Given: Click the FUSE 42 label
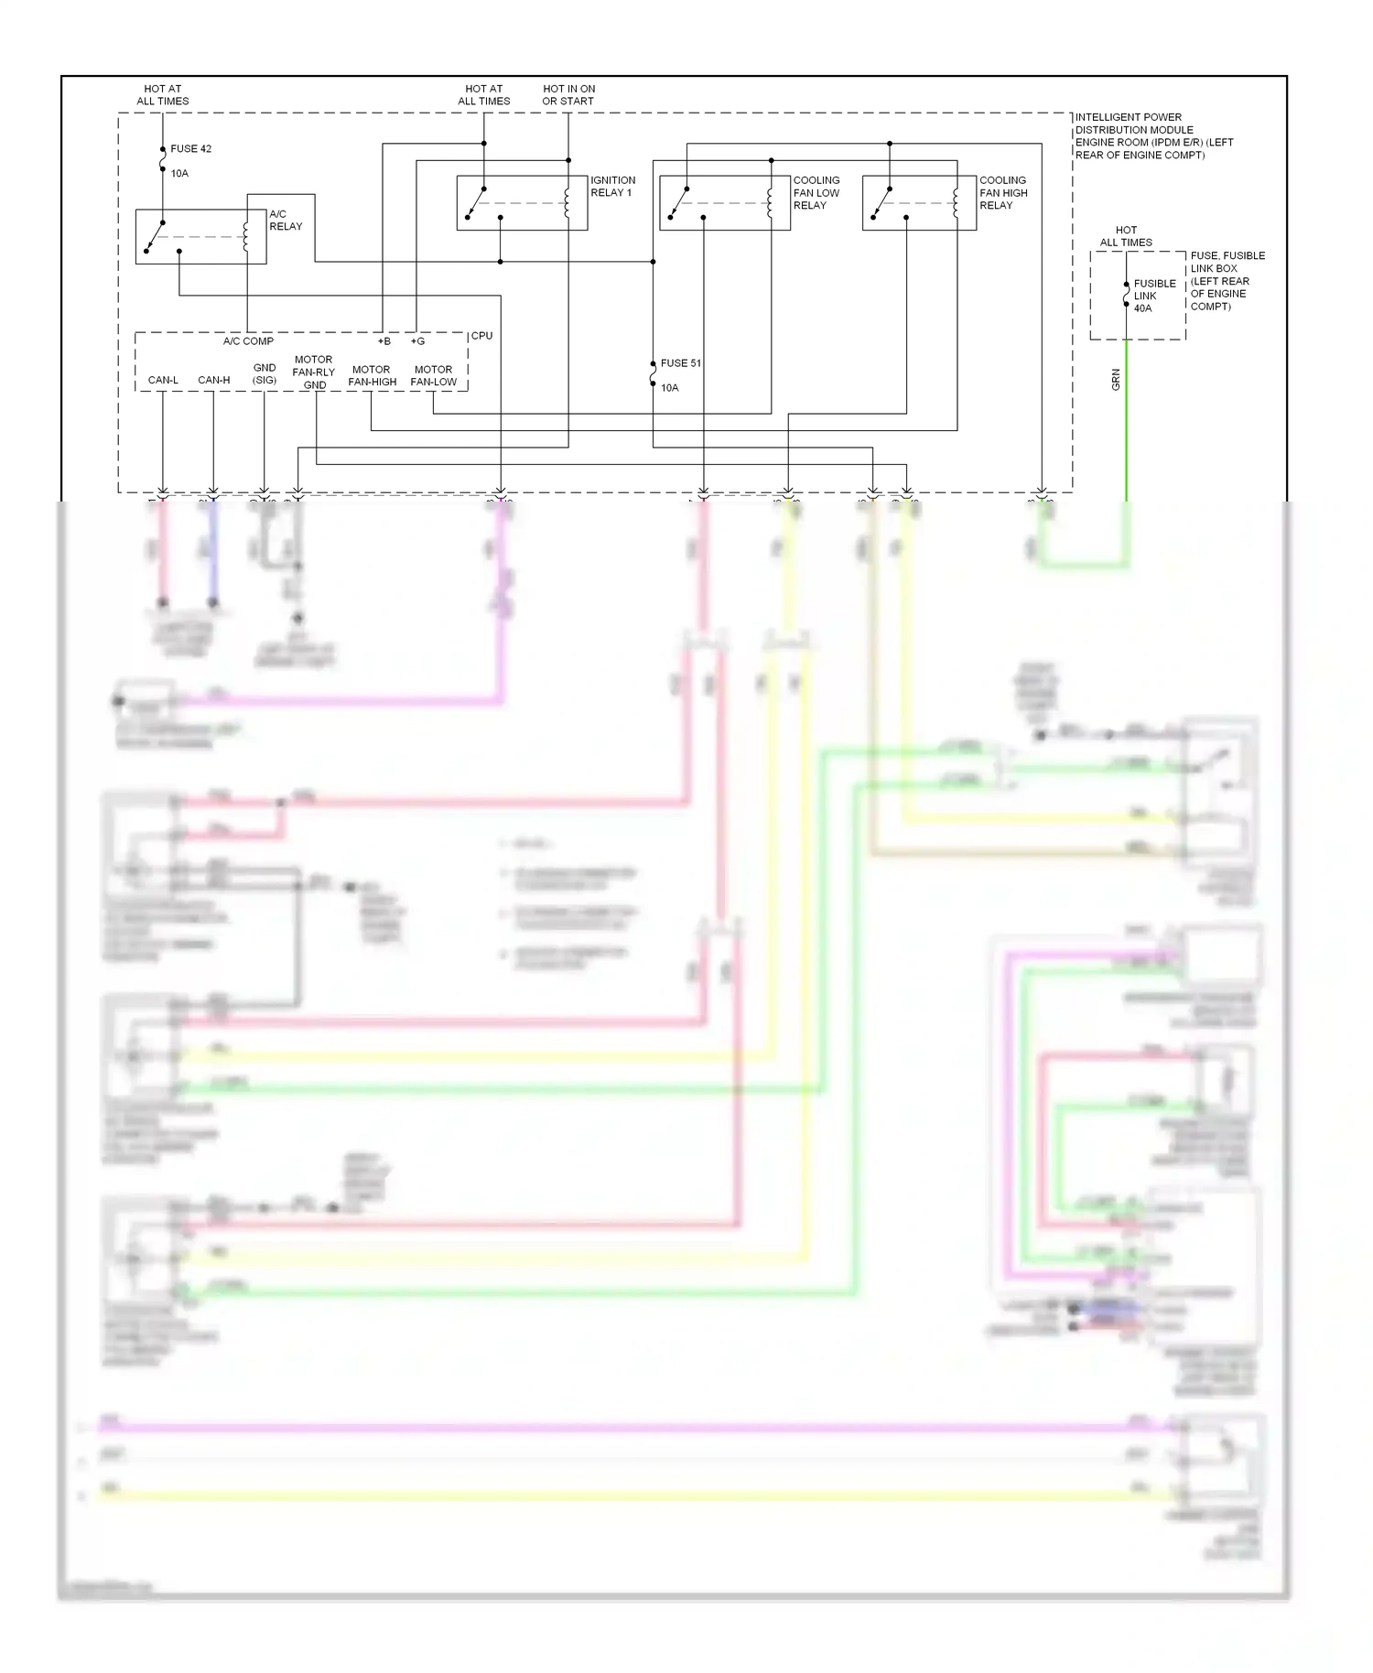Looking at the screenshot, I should [x=190, y=148].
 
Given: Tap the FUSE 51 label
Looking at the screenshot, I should [x=680, y=363].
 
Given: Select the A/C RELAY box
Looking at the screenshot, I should [x=200, y=237].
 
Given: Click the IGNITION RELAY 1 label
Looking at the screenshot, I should [x=612, y=187].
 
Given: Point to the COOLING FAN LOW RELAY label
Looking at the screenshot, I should [x=816, y=193].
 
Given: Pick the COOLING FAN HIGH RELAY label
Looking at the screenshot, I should [x=1003, y=193].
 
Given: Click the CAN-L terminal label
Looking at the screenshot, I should [x=163, y=380].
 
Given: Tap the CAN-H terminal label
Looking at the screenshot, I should [x=214, y=380].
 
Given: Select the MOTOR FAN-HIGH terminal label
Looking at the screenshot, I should [x=372, y=376].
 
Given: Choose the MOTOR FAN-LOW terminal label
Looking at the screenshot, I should [x=433, y=376].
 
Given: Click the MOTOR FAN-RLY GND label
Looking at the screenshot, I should [x=313, y=372].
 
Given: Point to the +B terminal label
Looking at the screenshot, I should [x=384, y=341].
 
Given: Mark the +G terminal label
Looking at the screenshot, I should [x=417, y=341].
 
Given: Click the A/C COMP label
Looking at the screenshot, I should [x=248, y=341].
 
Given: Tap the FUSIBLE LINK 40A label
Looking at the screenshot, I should [x=1153, y=296].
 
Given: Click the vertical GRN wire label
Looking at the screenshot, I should [x=1116, y=380].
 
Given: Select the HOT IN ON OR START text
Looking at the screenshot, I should [x=568, y=95].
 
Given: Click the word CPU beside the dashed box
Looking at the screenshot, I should [x=481, y=336].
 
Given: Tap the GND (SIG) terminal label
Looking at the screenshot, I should [x=265, y=373].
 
